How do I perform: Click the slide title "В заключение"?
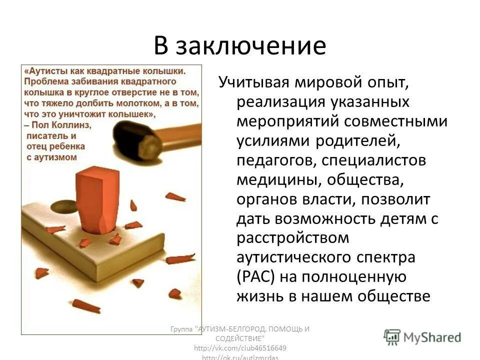tap(239, 46)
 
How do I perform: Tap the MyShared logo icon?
tap(392, 336)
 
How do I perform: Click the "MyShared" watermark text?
tap(432, 337)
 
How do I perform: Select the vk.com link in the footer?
tap(240, 347)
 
